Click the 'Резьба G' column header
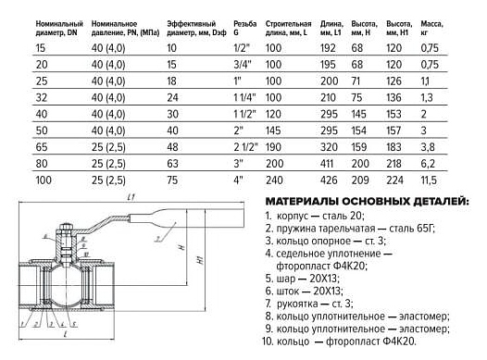[x=245, y=28]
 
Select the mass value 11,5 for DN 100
[x=429, y=180]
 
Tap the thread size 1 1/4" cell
[x=244, y=98]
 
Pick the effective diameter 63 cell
[x=173, y=164]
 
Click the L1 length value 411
[x=327, y=164]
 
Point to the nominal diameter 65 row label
[x=42, y=147]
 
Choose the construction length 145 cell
[x=273, y=130]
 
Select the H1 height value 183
[x=393, y=147]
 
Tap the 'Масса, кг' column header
[x=431, y=28]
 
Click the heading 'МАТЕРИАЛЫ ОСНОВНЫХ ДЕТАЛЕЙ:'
[x=367, y=202]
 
